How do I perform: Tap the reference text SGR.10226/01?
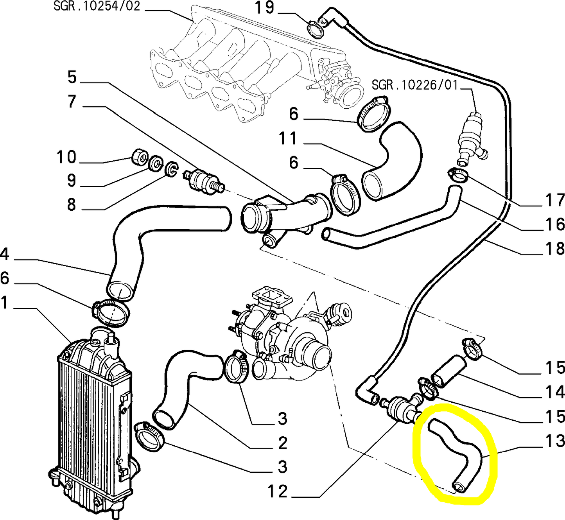[414, 85]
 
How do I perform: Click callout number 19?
[265, 8]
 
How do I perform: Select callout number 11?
[288, 139]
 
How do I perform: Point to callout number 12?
[278, 491]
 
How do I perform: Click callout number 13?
[555, 441]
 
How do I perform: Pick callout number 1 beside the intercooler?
[4, 303]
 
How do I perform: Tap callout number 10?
[66, 157]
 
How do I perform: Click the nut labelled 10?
[140, 157]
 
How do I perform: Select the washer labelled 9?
[156, 163]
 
